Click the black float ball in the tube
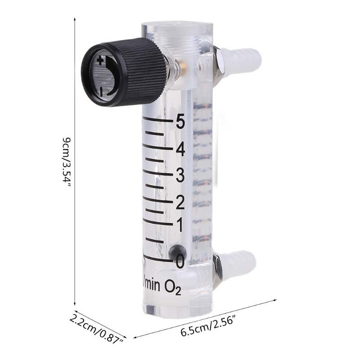tap(177, 252)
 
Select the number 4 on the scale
tap(180, 149)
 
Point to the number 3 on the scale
tap(180, 175)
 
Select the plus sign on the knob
tap(100, 61)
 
